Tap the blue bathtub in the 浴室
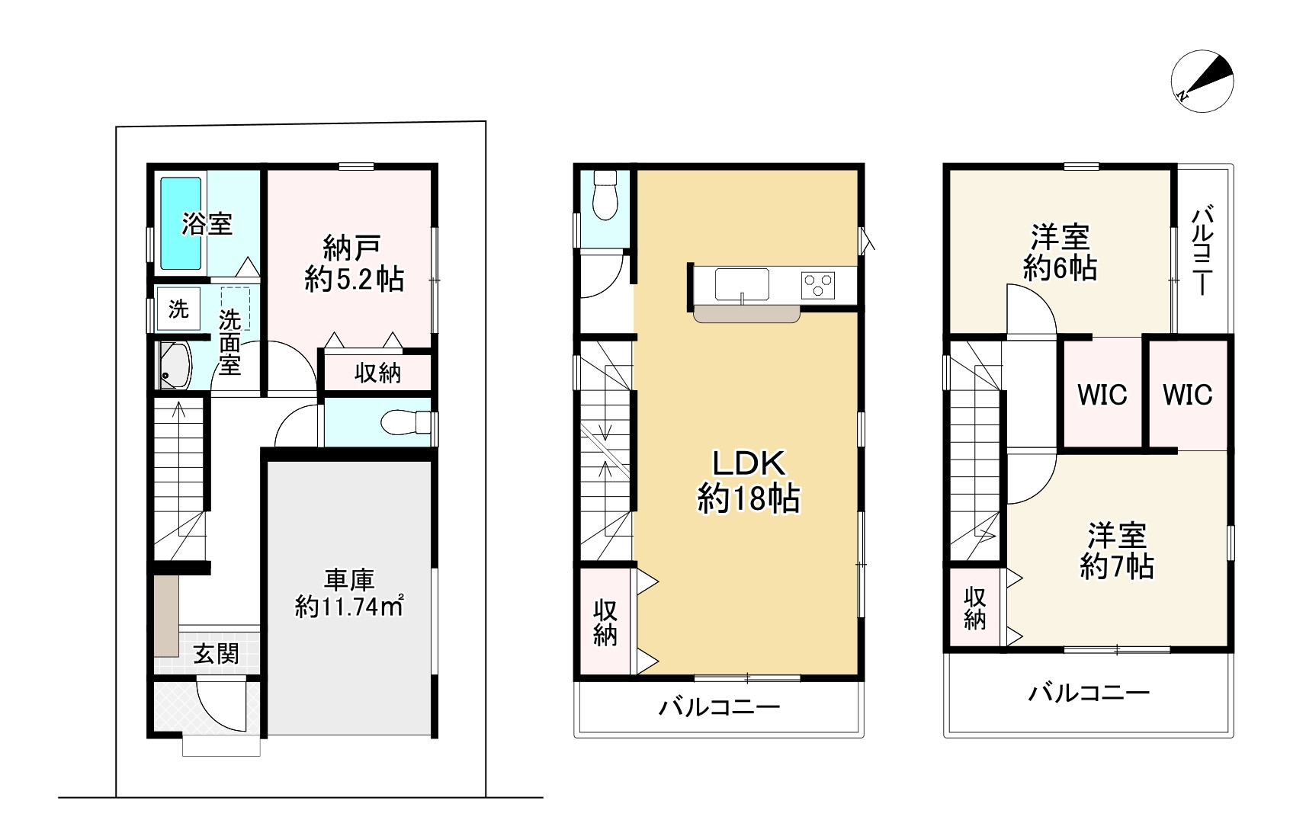181,223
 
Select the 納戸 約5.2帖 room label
354,264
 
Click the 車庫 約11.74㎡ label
349,594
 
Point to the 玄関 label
217,654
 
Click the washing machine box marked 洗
178,309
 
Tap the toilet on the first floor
405,422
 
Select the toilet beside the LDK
605,195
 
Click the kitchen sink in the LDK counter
742,284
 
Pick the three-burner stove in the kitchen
817,286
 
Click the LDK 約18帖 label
749,482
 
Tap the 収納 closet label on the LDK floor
605,623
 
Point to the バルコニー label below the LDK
720,708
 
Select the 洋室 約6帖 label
1060,253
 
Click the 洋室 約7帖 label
1116,551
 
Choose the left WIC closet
1102,395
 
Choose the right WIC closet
1188,395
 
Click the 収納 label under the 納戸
378,373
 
